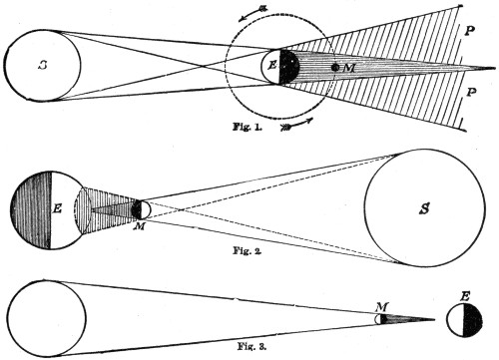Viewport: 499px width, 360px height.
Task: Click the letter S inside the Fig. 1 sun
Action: click(x=42, y=66)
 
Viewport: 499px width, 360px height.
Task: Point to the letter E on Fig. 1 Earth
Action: click(x=270, y=67)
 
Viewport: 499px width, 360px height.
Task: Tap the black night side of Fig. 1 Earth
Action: click(x=290, y=67)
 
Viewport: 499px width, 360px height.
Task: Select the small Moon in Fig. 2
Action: click(x=140, y=210)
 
